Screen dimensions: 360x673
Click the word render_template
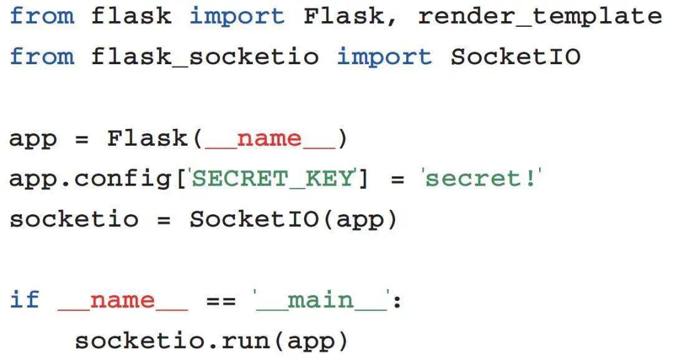[x=540, y=16]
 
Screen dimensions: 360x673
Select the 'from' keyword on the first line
[x=42, y=16]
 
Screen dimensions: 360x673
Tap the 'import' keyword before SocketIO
[x=384, y=57]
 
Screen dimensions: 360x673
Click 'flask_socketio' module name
[x=205, y=57]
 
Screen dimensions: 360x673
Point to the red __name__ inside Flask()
[x=270, y=138]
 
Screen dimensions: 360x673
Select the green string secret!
[x=481, y=179]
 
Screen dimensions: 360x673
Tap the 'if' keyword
[x=25, y=301]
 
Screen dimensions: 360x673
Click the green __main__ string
[x=320, y=301]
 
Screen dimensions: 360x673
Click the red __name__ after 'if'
[x=122, y=301]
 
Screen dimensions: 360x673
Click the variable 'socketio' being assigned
[x=74, y=220]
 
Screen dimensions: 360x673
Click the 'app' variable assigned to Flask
[x=32, y=138]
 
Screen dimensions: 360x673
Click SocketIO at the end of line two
[x=515, y=57]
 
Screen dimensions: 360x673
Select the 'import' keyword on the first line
[x=237, y=16]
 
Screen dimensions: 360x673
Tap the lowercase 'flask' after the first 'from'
[x=131, y=16]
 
